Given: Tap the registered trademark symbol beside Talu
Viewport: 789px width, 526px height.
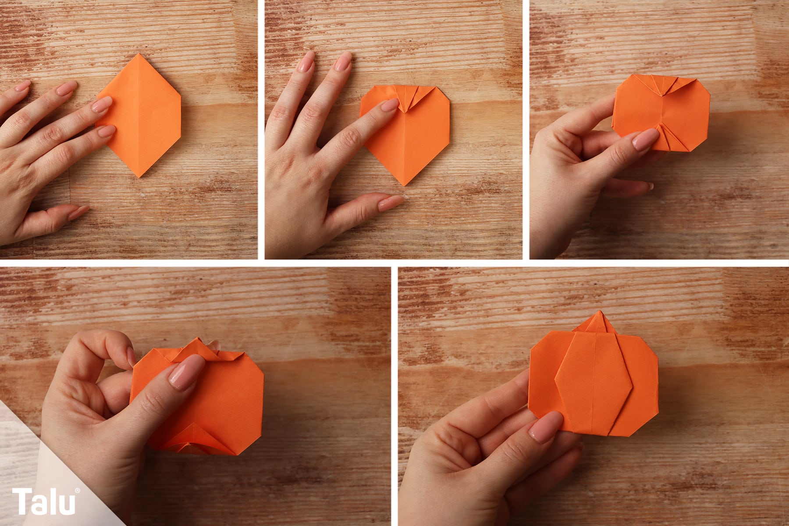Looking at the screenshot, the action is click(78, 491).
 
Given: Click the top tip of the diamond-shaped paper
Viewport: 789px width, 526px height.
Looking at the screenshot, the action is click(139, 54).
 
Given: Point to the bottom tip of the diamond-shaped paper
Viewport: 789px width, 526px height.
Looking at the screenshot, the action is click(139, 176).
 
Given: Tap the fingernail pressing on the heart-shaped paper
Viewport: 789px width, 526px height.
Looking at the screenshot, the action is click(390, 105).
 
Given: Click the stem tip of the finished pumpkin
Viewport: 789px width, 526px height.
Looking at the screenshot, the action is click(598, 312).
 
